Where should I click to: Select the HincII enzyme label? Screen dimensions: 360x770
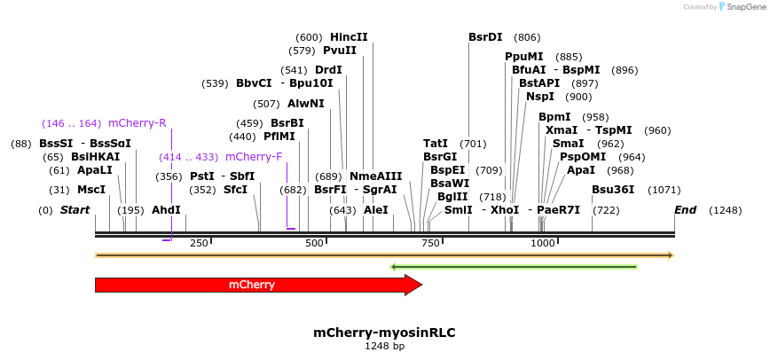(x=349, y=37)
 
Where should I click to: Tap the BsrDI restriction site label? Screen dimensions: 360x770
(x=485, y=37)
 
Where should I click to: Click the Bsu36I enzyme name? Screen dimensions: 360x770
(x=613, y=189)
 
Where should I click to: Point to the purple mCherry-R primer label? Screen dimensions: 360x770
(x=137, y=123)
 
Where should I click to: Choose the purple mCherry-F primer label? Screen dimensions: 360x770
(x=254, y=157)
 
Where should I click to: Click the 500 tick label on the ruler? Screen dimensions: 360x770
(x=315, y=243)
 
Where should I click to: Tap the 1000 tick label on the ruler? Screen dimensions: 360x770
(x=543, y=243)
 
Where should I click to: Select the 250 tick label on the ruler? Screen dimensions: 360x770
(x=199, y=243)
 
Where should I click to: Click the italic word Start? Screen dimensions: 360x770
(x=75, y=210)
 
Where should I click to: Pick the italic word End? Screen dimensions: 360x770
(x=685, y=210)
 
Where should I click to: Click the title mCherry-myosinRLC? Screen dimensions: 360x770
(x=384, y=333)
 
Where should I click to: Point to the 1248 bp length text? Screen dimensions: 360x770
(x=384, y=346)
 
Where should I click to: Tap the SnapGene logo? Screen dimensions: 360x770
(x=742, y=7)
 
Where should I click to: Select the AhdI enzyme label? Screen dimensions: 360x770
(x=166, y=210)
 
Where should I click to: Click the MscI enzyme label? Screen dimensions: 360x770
(x=91, y=189)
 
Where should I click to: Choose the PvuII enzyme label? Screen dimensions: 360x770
(x=340, y=51)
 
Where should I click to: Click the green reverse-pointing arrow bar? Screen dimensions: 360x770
(x=514, y=266)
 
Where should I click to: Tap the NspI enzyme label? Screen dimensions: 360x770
(x=540, y=97)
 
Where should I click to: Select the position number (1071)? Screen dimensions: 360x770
(x=664, y=189)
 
